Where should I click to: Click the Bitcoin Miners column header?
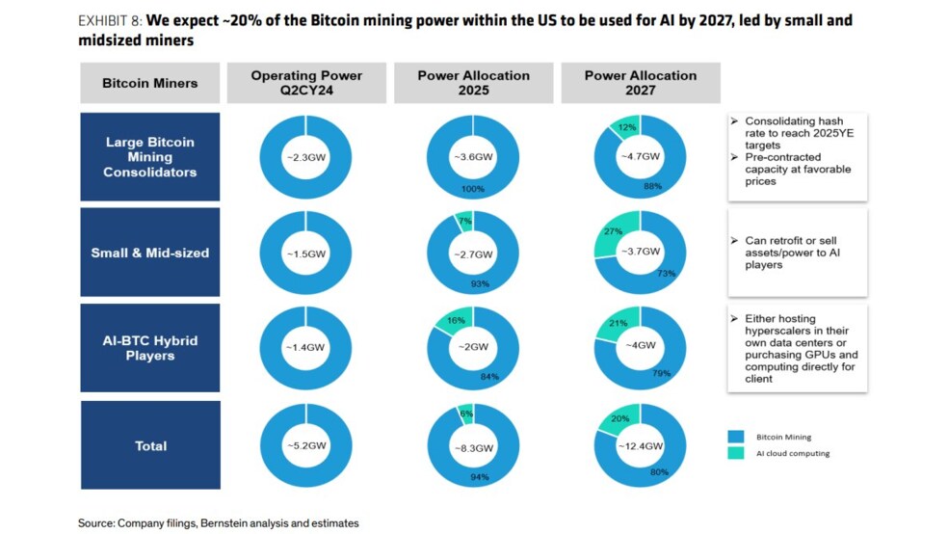[150, 83]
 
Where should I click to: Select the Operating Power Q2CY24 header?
[306, 83]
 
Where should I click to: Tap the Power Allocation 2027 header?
[641, 83]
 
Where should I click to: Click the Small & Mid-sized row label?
[150, 253]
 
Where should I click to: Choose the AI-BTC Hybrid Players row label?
[150, 348]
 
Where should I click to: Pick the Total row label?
[150, 445]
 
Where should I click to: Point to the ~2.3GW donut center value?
[306, 157]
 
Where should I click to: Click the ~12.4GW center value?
[641, 446]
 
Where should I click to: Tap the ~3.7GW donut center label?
[641, 252]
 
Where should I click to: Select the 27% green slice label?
[613, 231]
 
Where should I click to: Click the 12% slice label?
[627, 127]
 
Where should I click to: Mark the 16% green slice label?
[456, 321]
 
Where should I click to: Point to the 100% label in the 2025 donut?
[473, 189]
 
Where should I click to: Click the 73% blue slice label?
[667, 274]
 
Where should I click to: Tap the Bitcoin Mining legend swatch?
[736, 437]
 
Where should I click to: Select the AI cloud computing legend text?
[793, 453]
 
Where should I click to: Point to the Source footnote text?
[219, 523]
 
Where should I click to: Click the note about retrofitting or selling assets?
[792, 253]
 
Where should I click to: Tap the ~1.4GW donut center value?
[305, 347]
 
